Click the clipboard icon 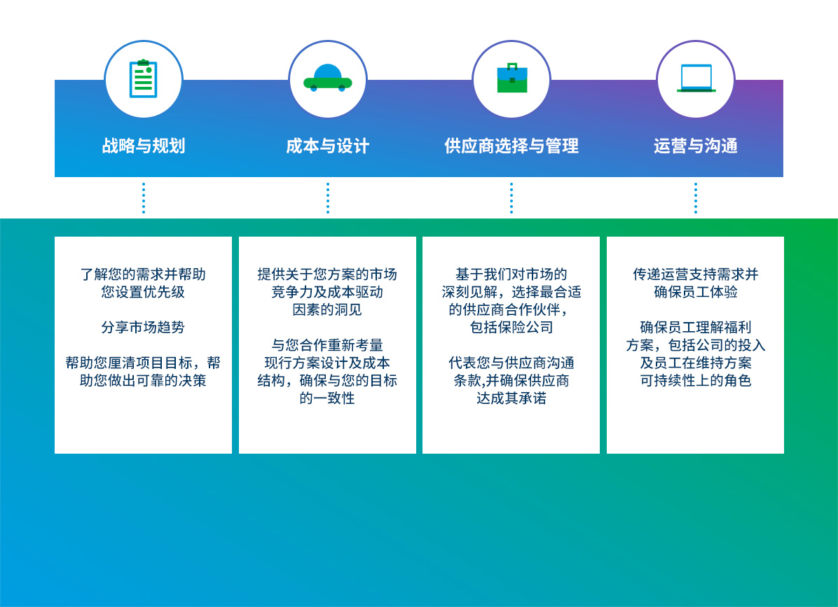point(143,78)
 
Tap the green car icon point(328,78)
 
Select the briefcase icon point(512,78)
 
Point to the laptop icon point(696,78)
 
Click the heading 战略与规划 point(144,146)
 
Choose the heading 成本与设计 point(328,146)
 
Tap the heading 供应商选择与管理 point(511,146)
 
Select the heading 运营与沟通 point(695,146)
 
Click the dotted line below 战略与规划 point(143,198)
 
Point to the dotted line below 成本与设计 point(328,198)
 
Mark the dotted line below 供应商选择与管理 point(511,198)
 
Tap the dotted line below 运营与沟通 point(696,198)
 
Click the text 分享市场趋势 point(143,327)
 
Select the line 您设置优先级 point(143,292)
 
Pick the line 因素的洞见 point(327,309)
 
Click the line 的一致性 point(327,398)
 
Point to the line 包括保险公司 point(511,327)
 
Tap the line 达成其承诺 point(511,398)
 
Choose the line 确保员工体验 point(696,292)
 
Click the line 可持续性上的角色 point(696,381)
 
